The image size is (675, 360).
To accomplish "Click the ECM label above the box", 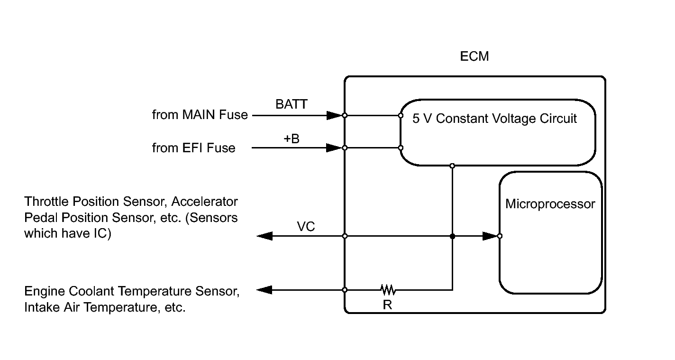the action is (x=474, y=56).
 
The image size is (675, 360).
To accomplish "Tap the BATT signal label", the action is (x=292, y=104).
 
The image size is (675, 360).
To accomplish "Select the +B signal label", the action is (x=292, y=138).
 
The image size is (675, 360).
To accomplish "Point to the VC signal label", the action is (x=306, y=226).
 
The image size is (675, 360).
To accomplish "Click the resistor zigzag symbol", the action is (x=388, y=290).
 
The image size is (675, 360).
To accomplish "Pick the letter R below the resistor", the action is (x=388, y=305).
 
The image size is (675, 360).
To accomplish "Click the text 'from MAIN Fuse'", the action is (x=200, y=115).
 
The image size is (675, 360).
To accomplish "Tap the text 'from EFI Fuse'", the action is (x=193, y=148).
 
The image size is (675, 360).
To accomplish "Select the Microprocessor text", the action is (x=550, y=204).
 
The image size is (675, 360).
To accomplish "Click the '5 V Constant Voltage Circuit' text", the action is (x=494, y=119).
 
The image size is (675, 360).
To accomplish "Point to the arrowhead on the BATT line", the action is (x=335, y=115).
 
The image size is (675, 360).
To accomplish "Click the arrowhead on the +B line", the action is (x=335, y=148).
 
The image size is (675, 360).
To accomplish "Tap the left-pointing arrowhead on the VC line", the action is (x=265, y=236).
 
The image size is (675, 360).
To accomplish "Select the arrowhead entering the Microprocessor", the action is (x=490, y=236).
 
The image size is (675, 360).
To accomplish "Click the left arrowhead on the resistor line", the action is (x=265, y=290).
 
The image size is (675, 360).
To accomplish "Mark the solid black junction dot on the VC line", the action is (x=452, y=236).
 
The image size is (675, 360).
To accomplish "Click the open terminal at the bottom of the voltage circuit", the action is (x=452, y=166).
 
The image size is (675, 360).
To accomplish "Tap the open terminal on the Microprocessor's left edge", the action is (x=500, y=236).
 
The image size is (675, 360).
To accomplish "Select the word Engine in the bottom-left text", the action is (x=45, y=292).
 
